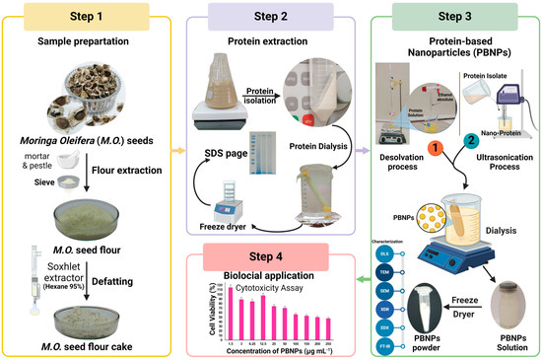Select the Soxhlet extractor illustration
click(20, 274)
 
